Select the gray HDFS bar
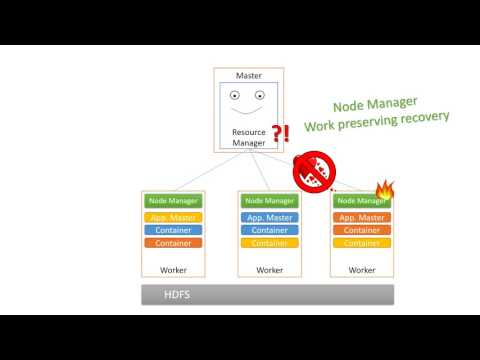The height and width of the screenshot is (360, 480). pos(266,294)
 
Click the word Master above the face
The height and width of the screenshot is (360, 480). pos(249,75)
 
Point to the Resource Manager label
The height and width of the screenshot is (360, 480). pos(249,137)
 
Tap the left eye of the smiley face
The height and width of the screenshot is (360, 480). pos(236,96)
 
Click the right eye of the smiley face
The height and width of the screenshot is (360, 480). pos(260,96)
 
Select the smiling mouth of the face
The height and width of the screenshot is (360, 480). pos(248,111)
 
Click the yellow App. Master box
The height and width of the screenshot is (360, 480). pos(174,217)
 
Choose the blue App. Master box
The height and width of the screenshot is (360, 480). pos(269,217)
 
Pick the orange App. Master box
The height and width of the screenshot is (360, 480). pos(362,217)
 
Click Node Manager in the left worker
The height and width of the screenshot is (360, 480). pos(174,201)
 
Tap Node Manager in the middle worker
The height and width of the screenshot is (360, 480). pos(269,201)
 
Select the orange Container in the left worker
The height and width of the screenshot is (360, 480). pos(174,243)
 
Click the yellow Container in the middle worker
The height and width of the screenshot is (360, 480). pos(269,243)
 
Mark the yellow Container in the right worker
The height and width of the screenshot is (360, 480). pos(362,243)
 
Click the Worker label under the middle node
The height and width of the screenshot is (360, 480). pos(269,269)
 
